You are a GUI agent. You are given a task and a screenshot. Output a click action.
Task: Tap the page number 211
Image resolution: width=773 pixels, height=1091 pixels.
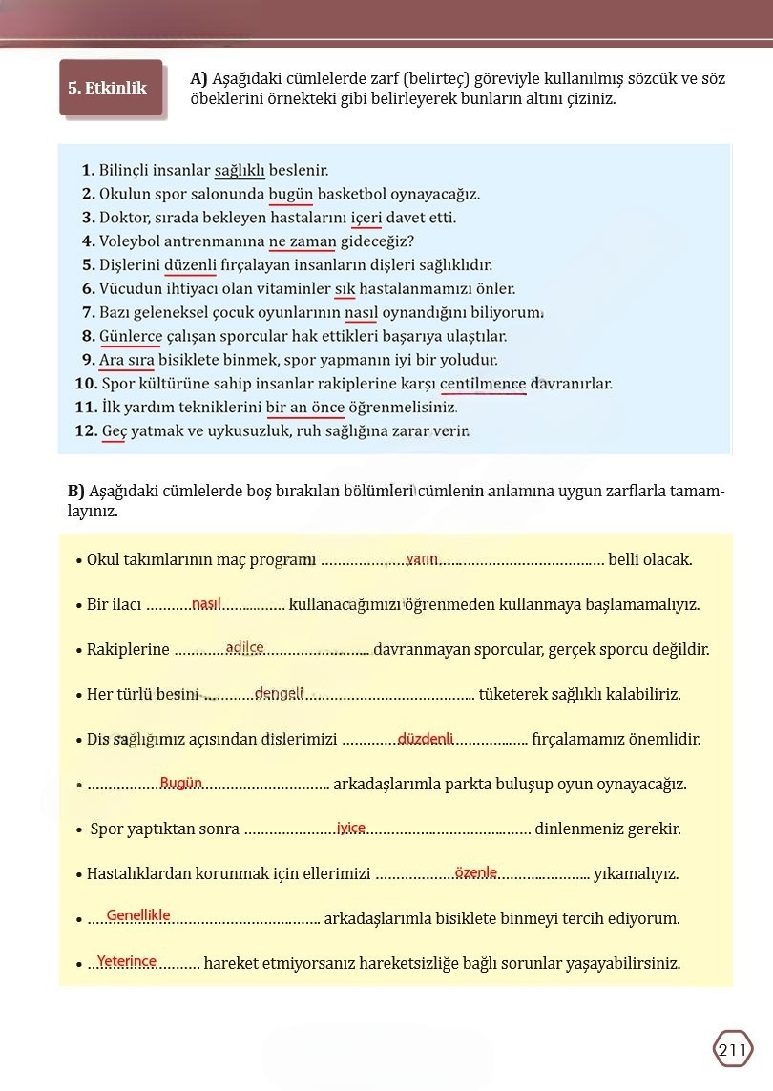point(733,1050)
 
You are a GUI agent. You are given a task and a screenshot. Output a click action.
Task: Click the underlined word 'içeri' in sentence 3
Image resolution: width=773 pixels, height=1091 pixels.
point(366,218)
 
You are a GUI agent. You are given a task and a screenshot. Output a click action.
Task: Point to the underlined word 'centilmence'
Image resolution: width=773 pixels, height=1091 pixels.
point(484,384)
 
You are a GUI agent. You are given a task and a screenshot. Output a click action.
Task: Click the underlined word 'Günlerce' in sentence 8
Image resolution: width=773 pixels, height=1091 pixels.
point(130,336)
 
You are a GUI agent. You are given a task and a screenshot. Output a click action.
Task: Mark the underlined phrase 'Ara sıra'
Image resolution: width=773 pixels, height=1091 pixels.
point(126,360)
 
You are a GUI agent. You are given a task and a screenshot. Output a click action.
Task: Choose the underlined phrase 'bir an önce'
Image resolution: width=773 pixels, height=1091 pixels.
point(305,408)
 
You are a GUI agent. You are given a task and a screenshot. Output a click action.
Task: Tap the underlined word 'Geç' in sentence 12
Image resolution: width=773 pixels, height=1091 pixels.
point(114,431)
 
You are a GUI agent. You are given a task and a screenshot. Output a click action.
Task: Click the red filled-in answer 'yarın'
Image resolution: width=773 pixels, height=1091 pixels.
point(422,558)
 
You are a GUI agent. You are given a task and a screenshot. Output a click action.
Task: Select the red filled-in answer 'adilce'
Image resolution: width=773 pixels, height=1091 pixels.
point(245,648)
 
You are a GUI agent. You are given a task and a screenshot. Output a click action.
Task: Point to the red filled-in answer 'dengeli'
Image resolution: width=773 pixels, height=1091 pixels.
point(279,693)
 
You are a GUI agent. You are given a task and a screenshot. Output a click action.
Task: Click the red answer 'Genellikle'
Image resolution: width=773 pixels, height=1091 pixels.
point(138,915)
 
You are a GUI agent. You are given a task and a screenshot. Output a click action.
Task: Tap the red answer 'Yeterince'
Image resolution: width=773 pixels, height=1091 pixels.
point(127,961)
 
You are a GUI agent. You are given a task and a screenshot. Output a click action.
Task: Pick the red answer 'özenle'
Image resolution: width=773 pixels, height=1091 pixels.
point(476,872)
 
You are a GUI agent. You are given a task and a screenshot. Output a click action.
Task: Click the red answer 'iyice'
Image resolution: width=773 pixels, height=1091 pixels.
point(351,828)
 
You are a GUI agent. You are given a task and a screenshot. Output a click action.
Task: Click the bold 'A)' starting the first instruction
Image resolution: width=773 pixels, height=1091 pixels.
point(199,78)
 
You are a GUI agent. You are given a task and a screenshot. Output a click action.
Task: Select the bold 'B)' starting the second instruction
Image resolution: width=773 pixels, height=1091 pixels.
point(76,492)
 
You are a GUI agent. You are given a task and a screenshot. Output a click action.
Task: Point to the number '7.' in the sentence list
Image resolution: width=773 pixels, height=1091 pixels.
point(90,313)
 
